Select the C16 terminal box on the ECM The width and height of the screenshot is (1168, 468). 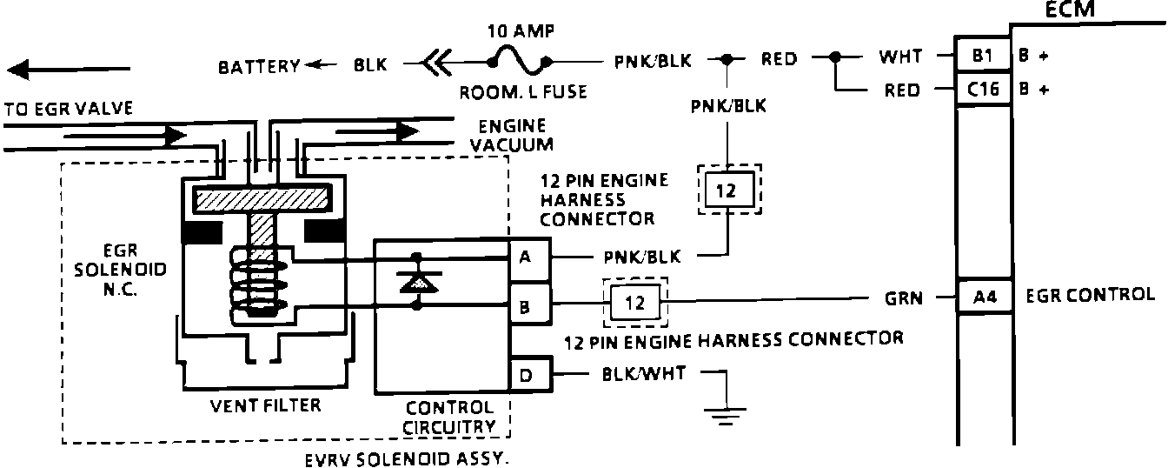tap(983, 90)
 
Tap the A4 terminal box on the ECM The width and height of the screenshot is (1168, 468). tap(985, 297)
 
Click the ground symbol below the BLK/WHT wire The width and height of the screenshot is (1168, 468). tap(725, 416)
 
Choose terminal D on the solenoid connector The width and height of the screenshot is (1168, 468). tap(530, 374)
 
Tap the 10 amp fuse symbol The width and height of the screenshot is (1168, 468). tap(519, 61)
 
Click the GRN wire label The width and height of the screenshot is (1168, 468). tap(904, 298)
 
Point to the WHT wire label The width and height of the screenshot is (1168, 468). tap(900, 56)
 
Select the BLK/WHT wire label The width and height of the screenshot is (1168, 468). tap(643, 373)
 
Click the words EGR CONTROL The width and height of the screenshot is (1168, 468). tap(1091, 295)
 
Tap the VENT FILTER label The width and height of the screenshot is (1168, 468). tap(265, 405)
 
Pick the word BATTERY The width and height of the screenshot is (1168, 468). tap(259, 66)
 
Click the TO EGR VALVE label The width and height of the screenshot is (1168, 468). tap(69, 109)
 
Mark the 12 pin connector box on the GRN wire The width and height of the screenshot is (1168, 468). tap(635, 302)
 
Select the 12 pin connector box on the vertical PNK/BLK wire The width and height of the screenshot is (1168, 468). tap(729, 190)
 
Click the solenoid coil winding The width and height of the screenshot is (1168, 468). tap(259, 282)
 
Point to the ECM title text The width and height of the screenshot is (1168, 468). tap(1070, 10)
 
